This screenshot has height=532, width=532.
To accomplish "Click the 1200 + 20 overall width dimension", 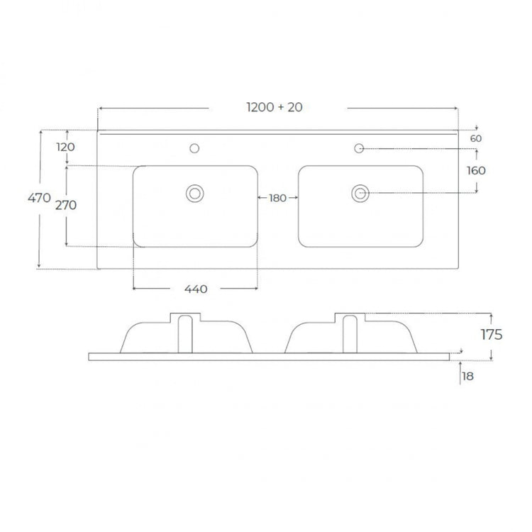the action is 275,107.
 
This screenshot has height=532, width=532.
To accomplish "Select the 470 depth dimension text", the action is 39,197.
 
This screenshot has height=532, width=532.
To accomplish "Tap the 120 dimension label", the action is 65,147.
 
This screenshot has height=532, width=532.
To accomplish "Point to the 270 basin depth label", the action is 66,205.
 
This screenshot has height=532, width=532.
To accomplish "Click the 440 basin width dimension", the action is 196,289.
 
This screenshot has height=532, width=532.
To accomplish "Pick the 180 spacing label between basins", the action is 277,198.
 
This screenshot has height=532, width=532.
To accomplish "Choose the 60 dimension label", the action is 476,138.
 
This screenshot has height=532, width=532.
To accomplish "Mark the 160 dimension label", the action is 476,170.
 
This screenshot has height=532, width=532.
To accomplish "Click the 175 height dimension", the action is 492,335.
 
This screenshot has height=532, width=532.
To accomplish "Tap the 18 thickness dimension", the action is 468,376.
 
